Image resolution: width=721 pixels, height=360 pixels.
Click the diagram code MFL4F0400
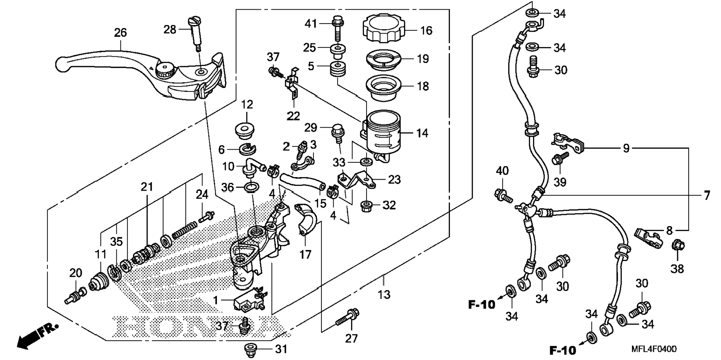coord(654,349)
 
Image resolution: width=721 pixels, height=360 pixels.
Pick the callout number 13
coord(384,295)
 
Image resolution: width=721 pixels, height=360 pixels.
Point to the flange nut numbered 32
coord(367,205)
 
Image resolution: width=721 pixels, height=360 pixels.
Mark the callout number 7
coord(707,195)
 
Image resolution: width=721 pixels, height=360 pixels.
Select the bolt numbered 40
coord(503,195)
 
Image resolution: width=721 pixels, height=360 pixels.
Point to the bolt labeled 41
coord(337,27)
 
